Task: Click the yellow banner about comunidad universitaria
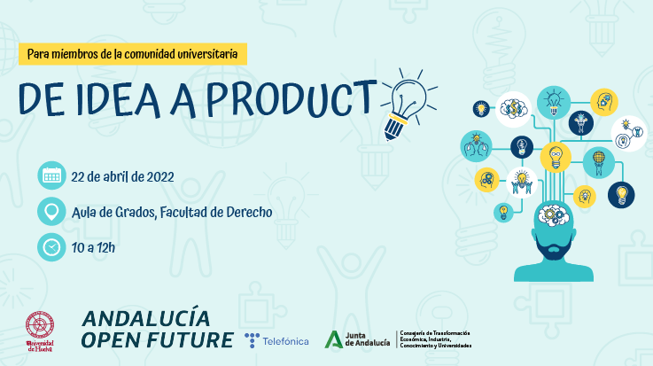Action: (x=133, y=54)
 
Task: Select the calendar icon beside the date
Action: (x=51, y=175)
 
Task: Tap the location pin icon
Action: (x=51, y=212)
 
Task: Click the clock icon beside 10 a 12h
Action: (x=51, y=247)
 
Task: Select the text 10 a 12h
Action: (x=93, y=247)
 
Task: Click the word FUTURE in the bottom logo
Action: (x=191, y=340)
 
